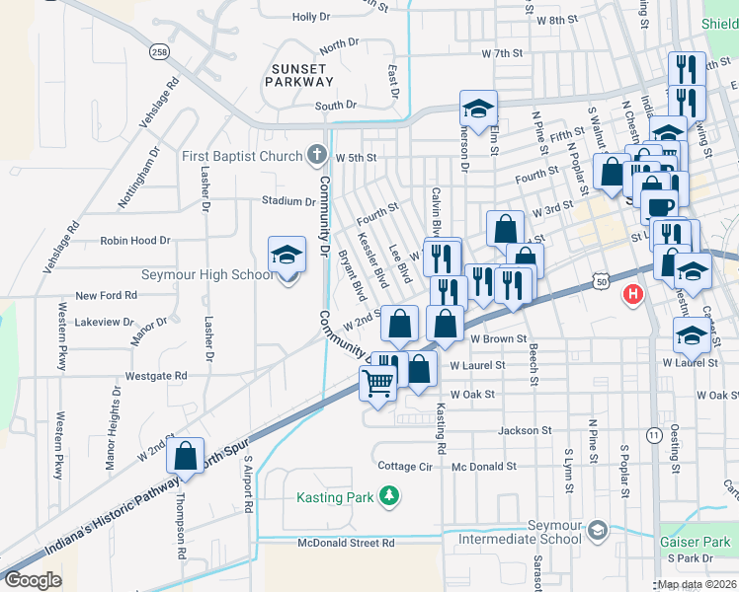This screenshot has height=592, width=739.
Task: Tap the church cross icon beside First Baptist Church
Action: click(x=316, y=155)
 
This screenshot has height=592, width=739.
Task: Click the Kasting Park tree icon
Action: click(x=391, y=496)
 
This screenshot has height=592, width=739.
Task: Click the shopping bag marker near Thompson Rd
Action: click(x=185, y=456)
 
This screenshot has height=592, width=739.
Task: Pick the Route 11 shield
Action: click(x=653, y=434)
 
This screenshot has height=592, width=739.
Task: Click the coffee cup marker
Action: click(x=660, y=206)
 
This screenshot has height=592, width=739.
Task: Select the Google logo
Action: click(x=33, y=579)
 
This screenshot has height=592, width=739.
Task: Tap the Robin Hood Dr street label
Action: click(x=135, y=240)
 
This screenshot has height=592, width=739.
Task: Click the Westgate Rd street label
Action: click(x=156, y=376)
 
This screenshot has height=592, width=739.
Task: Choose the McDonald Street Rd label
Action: click(x=347, y=543)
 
